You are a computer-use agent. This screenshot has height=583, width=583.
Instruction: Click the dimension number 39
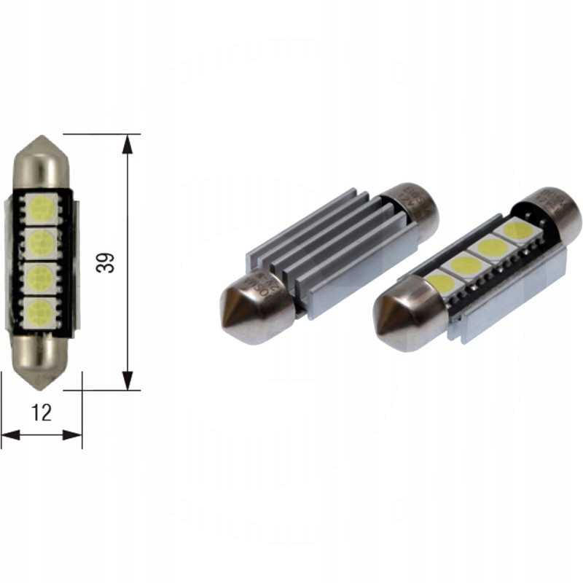107,262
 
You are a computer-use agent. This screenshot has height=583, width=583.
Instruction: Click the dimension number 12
42,412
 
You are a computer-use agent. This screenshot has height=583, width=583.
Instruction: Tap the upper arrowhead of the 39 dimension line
128,143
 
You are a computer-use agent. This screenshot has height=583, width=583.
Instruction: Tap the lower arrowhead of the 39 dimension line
128,380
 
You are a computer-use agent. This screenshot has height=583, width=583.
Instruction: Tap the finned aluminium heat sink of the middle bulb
328,248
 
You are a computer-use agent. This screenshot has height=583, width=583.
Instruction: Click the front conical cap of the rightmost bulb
404,321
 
